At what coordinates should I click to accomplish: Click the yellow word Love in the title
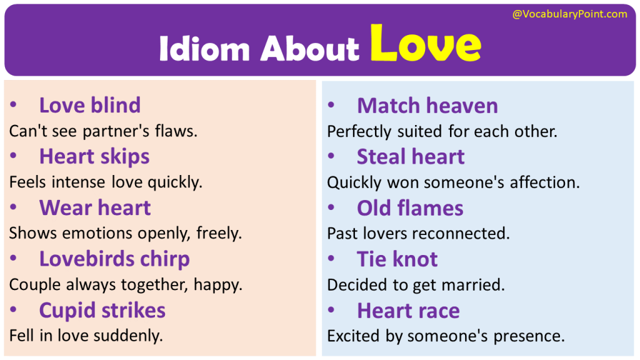[425, 44]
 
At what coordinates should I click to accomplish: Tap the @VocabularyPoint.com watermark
[569, 14]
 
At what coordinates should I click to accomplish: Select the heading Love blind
[89, 105]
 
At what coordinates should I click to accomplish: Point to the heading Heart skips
[94, 156]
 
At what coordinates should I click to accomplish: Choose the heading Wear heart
[94, 207]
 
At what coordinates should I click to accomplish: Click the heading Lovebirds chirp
[114, 259]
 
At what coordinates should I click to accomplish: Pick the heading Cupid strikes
[102, 310]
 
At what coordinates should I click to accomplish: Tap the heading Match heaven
[427, 106]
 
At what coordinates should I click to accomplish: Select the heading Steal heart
[410, 157]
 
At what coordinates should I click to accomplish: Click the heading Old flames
[409, 208]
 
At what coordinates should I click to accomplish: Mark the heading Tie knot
[397, 259]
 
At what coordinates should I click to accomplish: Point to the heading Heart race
[407, 311]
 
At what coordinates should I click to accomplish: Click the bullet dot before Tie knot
[332, 259]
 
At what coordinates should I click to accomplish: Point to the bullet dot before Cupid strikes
[14, 310]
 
